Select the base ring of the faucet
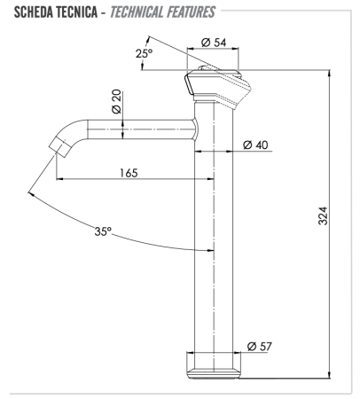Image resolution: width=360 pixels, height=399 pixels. click(x=215, y=363)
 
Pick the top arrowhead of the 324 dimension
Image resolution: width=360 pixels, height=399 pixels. click(x=330, y=74)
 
